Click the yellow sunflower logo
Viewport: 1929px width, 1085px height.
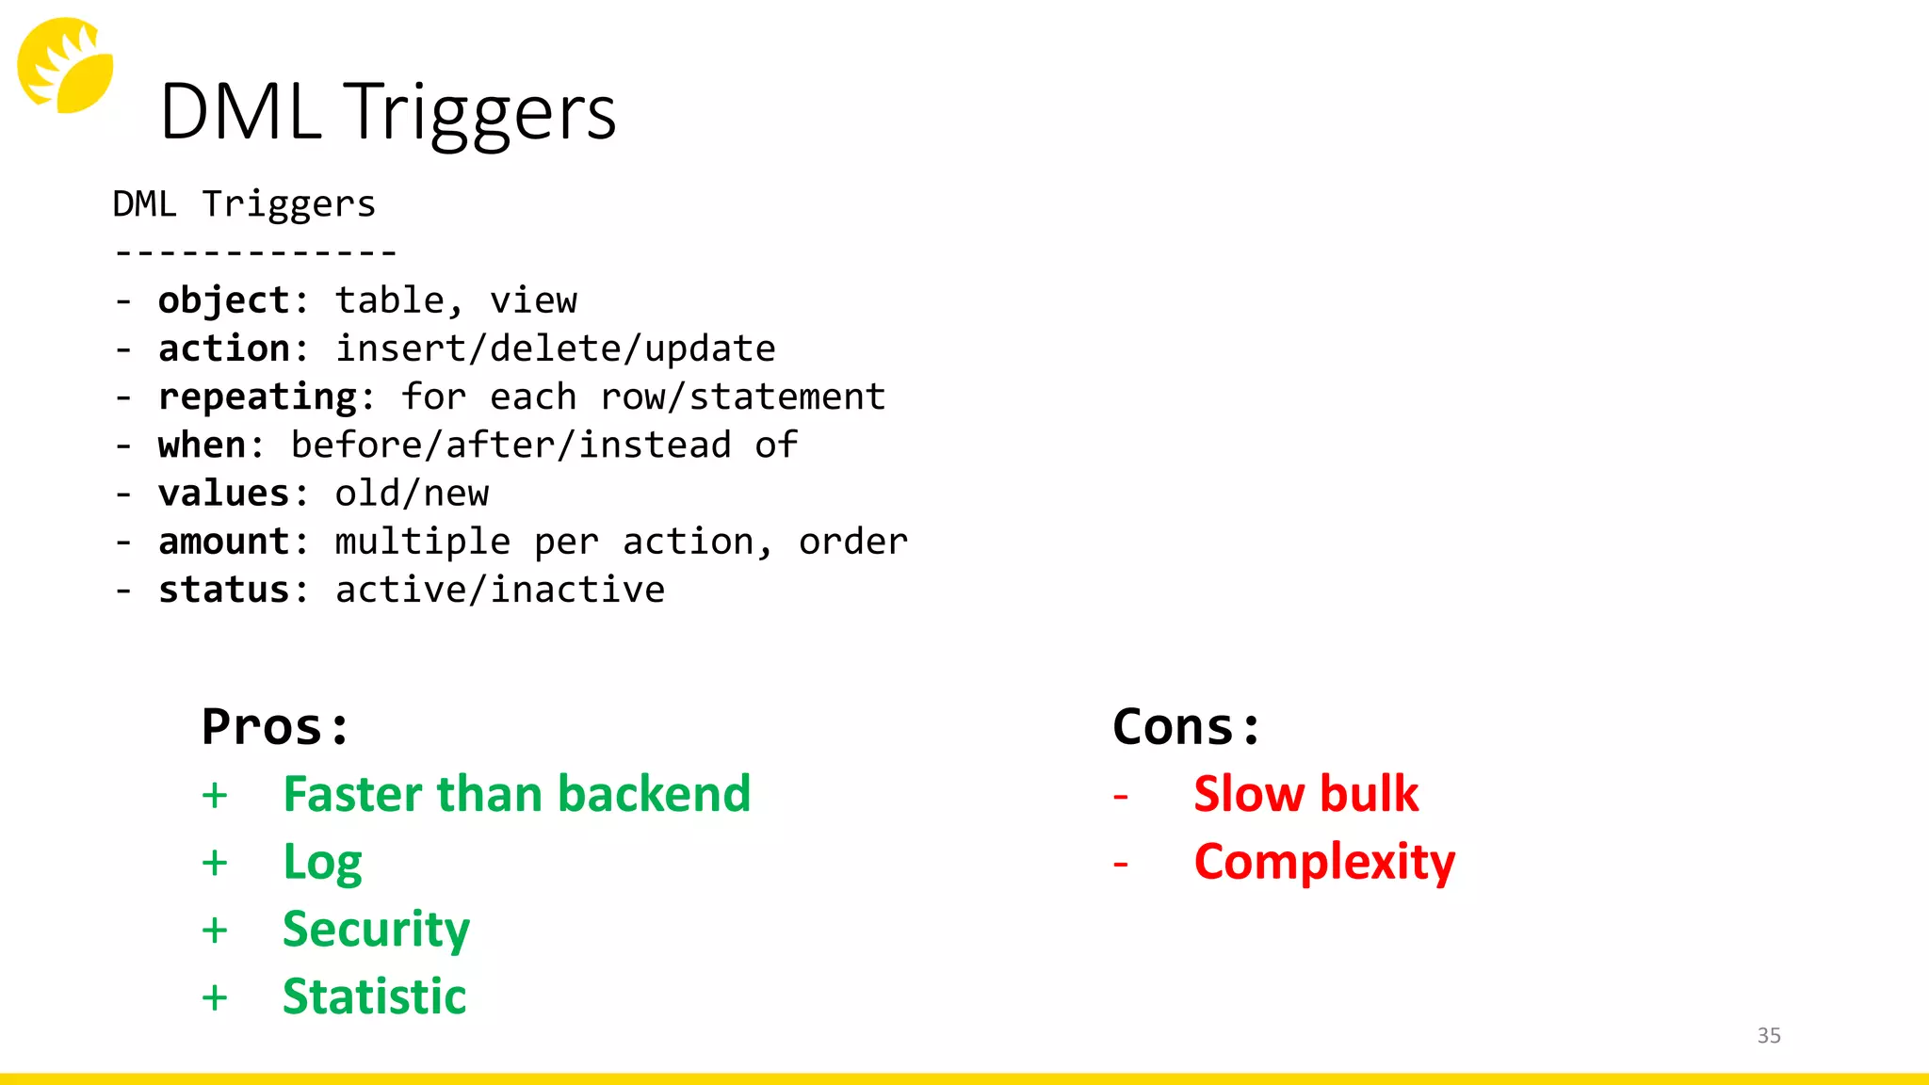tap(65, 65)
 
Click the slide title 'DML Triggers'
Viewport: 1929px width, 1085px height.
tap(388, 112)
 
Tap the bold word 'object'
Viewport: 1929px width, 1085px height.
tap(223, 300)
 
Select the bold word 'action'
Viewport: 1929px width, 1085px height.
tap(223, 348)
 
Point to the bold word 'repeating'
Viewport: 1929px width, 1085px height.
tap(256, 397)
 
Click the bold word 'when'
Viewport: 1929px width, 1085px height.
tap(202, 445)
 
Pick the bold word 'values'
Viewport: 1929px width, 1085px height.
tap(223, 494)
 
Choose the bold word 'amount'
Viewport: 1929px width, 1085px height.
tap(223, 542)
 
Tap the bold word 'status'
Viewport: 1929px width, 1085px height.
tap(223, 590)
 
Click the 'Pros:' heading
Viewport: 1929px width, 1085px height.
tap(275, 727)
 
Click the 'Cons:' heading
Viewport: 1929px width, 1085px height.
tap(1186, 727)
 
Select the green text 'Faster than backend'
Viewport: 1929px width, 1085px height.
tap(517, 794)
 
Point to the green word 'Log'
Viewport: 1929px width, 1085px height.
tap(322, 863)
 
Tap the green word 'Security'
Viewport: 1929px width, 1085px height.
tap(376, 930)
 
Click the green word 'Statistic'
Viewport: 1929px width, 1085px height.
tap(374, 996)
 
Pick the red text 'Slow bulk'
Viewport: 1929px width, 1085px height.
tap(1305, 794)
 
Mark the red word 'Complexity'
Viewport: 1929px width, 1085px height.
tap(1324, 863)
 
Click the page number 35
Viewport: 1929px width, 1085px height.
tap(1769, 1035)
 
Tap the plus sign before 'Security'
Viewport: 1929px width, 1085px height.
tap(215, 931)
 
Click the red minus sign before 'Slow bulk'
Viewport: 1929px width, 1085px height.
tap(1121, 797)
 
